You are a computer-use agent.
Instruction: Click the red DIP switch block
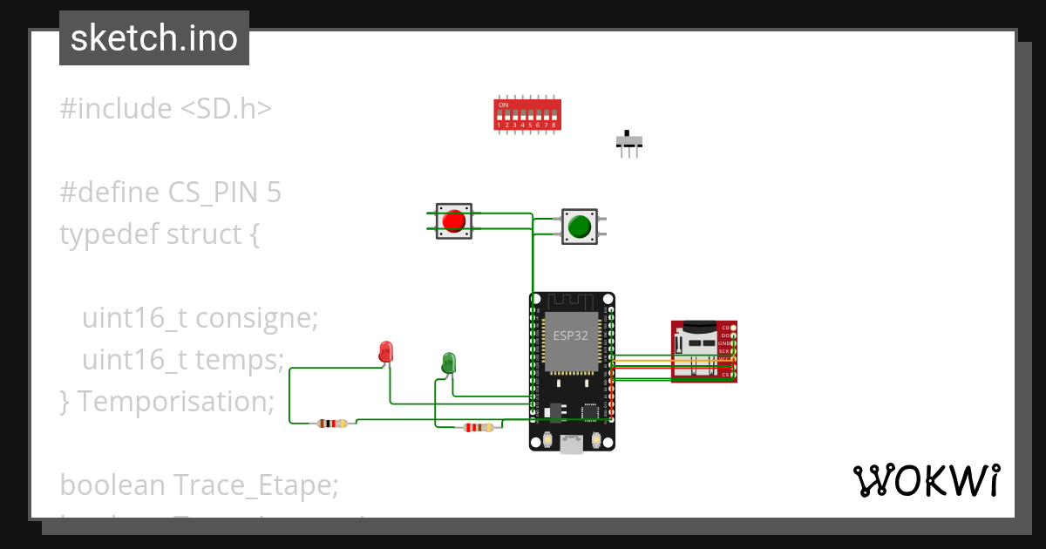(527, 114)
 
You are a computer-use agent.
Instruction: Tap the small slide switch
(629, 141)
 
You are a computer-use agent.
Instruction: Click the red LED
(386, 351)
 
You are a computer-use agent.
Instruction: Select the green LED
(448, 363)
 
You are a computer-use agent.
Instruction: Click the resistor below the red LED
(331, 424)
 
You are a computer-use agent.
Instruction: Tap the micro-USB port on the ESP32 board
(572, 444)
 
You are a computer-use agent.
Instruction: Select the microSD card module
(703, 350)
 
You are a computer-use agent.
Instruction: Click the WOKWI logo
(926, 481)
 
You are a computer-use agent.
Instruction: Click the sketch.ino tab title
(154, 38)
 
